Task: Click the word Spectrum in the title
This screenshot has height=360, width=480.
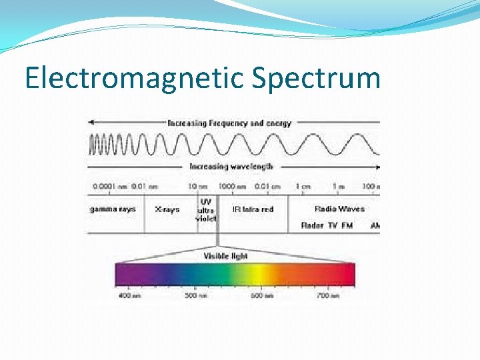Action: (316, 79)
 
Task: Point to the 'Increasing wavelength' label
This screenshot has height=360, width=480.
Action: (231, 167)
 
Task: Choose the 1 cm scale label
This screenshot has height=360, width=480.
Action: (303, 187)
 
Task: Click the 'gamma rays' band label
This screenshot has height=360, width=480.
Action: (113, 209)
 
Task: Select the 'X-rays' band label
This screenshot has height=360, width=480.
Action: (167, 209)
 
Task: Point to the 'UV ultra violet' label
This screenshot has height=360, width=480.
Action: (206, 209)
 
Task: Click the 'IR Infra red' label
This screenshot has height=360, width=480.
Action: (253, 209)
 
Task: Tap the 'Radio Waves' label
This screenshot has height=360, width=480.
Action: (339, 209)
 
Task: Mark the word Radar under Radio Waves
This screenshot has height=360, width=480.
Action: (313, 225)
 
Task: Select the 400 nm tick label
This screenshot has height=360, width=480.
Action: (129, 295)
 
